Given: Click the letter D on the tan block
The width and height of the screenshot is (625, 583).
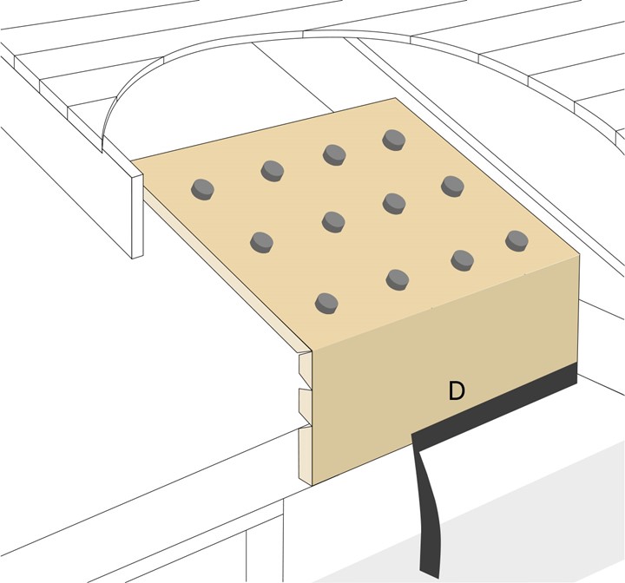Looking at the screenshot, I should (456, 391).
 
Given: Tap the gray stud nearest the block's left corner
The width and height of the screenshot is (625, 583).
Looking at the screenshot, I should (203, 187).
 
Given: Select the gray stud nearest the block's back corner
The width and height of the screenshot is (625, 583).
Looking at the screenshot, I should (393, 139).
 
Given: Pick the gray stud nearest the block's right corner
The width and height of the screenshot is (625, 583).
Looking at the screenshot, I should (516, 239).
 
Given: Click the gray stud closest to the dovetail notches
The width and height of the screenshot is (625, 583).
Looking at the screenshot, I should (326, 302).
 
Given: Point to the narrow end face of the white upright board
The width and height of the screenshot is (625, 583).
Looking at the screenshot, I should (135, 213).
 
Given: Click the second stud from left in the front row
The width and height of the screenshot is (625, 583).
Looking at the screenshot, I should (397, 278).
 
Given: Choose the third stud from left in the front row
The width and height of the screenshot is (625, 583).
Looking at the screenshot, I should (462, 259).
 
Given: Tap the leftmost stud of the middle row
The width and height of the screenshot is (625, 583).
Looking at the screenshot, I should (260, 241).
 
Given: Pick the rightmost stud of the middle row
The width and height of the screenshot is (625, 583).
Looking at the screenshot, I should (452, 185).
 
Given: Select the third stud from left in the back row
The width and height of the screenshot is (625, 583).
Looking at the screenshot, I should (334, 154).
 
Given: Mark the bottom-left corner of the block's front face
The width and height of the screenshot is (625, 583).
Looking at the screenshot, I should (310, 483).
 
